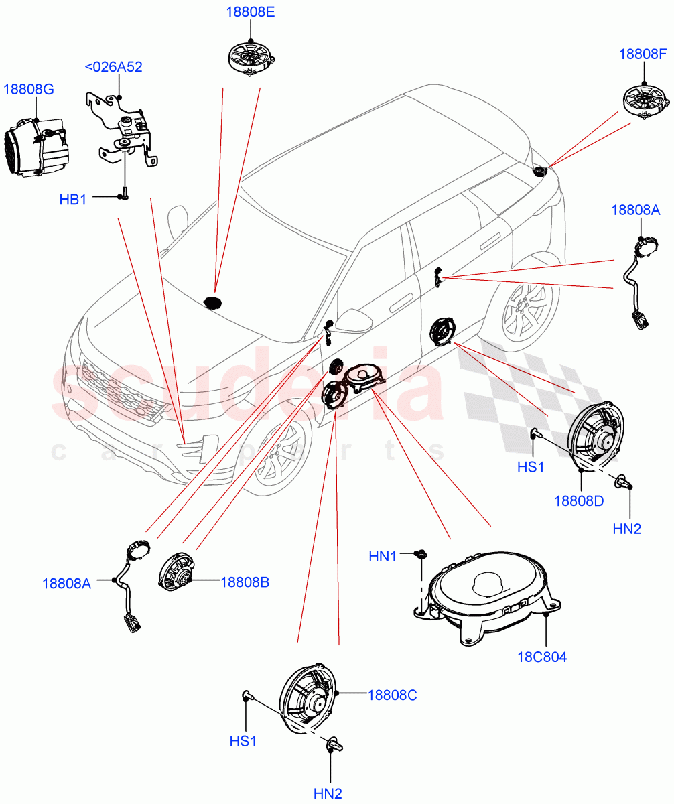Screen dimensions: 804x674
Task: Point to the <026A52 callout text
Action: [113, 66]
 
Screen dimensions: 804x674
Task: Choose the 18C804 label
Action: [541, 657]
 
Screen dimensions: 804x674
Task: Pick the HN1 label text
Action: [383, 556]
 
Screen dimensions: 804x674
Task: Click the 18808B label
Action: [245, 582]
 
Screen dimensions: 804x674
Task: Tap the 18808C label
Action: [392, 695]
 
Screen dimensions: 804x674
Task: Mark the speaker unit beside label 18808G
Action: [37, 144]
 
